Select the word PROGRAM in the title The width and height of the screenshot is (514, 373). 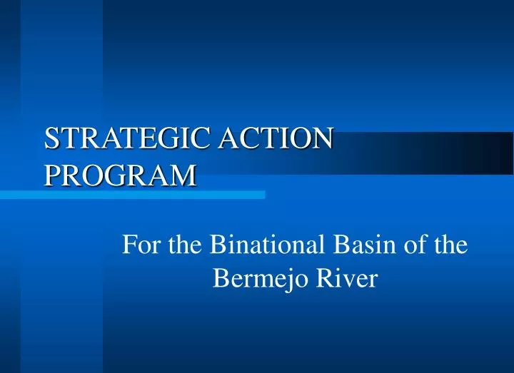(119, 173)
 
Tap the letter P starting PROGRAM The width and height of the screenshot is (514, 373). (51, 173)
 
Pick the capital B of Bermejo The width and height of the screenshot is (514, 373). (221, 278)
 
